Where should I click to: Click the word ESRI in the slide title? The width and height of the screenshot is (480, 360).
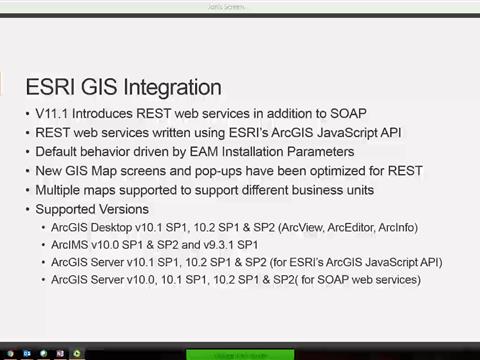[x=51, y=87]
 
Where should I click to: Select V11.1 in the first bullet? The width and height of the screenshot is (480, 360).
[x=51, y=114]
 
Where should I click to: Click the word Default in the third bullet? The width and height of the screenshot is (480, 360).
[x=58, y=152]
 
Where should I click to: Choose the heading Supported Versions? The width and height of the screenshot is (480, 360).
[x=92, y=209]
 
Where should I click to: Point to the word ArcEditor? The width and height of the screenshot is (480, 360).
[x=343, y=227]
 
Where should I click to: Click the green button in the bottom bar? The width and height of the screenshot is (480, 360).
[x=239, y=353]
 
